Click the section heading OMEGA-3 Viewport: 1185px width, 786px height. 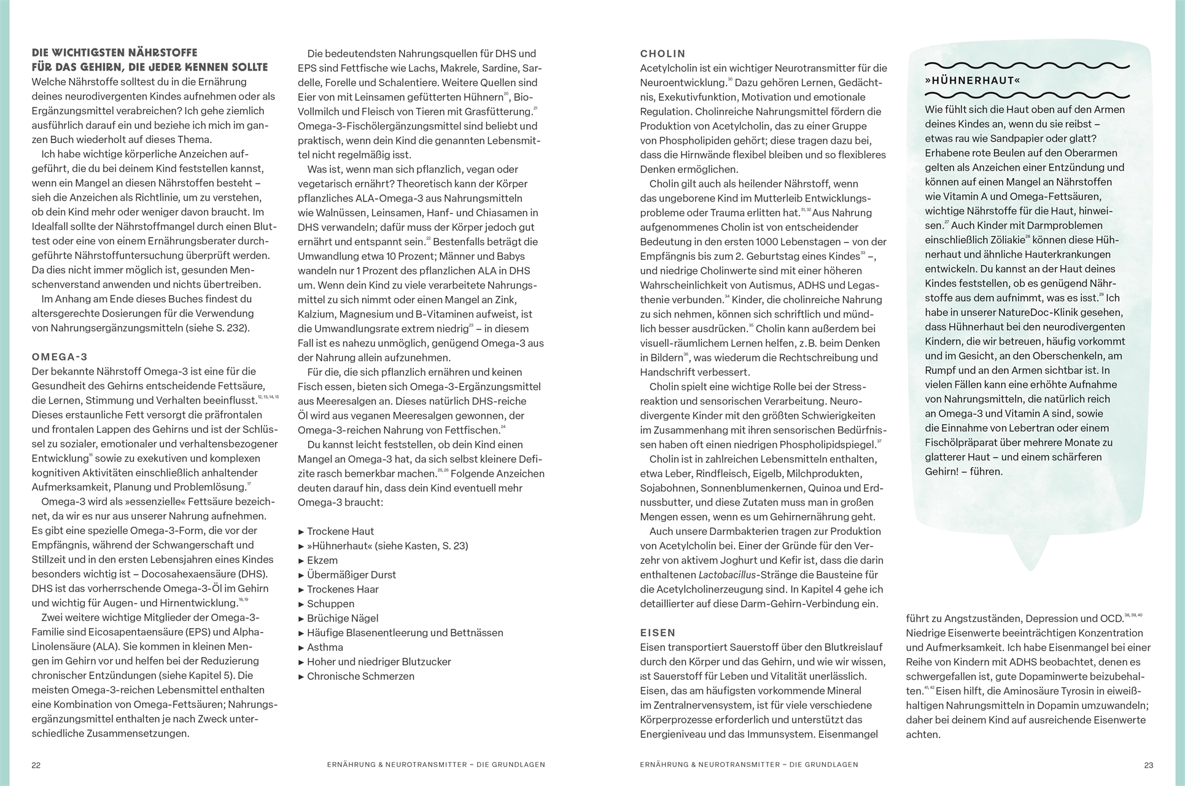(60, 357)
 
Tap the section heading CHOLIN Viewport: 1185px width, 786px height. (662, 54)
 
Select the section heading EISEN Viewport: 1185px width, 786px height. (658, 632)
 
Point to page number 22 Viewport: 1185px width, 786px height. (36, 765)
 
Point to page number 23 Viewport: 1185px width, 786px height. (1148, 765)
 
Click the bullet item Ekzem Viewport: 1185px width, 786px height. (322, 560)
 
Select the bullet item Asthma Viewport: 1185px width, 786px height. (325, 647)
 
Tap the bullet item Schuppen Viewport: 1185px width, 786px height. (330, 604)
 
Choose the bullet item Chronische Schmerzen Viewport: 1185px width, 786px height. (360, 676)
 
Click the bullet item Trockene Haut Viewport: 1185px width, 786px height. (340, 531)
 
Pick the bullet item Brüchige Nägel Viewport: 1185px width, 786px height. (343, 618)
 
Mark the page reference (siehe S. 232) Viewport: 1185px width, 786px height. (219, 328)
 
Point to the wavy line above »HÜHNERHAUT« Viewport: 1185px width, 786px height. (1027, 65)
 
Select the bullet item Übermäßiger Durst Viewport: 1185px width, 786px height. (351, 575)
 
